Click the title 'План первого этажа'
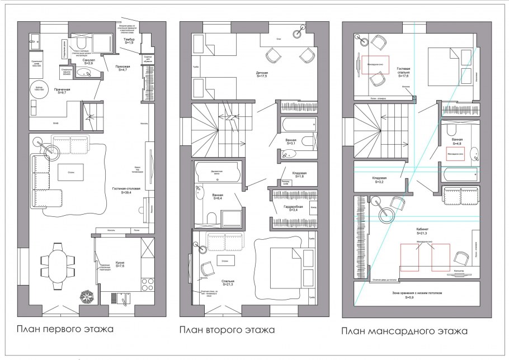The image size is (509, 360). click(65, 329)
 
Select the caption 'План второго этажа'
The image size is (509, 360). click(227, 330)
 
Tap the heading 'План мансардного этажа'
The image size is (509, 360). click(404, 331)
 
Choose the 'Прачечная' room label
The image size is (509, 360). click(62, 91)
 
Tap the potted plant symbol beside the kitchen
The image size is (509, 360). click(87, 296)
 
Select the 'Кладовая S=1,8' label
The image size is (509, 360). click(290, 174)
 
